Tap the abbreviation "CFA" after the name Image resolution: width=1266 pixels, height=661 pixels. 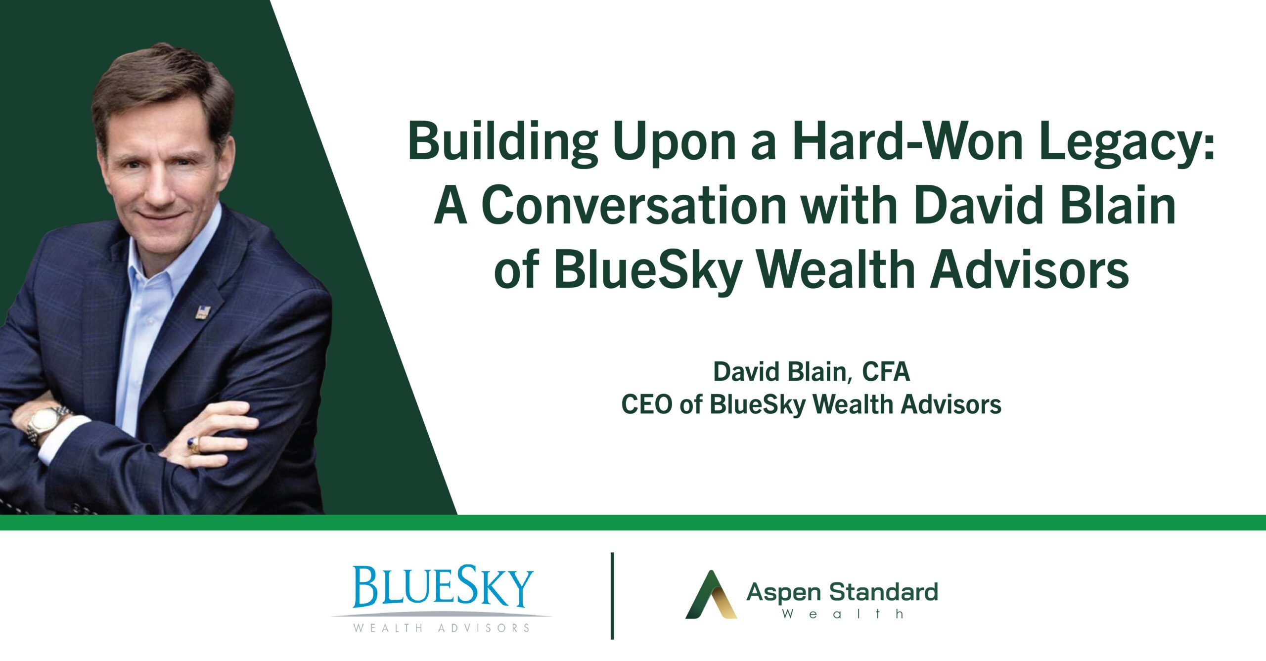click(x=886, y=372)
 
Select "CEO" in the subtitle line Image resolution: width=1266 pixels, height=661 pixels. click(x=646, y=404)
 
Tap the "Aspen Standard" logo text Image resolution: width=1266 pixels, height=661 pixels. click(x=842, y=593)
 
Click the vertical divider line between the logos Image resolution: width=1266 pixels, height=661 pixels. click(x=613, y=596)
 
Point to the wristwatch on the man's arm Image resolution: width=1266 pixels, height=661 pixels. click(x=45, y=424)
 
